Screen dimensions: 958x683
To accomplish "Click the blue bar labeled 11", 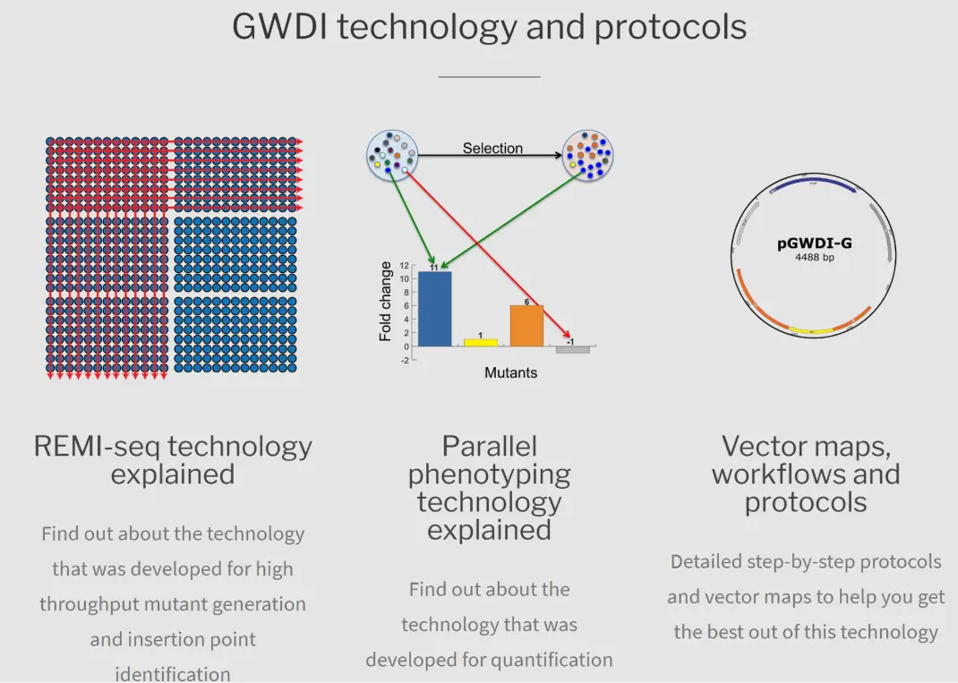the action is tap(435, 309).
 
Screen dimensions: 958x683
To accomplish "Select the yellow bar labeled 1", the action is tap(481, 343).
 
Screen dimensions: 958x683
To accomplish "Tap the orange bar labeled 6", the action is tap(526, 326).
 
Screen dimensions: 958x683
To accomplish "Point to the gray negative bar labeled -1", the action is tap(572, 349).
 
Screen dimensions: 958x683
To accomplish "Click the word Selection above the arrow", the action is tap(492, 149).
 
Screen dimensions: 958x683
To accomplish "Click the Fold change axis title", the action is tap(385, 301).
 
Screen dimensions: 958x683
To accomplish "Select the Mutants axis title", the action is tap(510, 372).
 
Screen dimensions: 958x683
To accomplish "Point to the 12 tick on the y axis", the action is tap(404, 265).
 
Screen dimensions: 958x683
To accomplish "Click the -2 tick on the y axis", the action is tap(404, 361).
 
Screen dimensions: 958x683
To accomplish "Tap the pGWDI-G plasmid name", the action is tap(814, 243).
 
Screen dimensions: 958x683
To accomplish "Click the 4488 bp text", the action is tap(815, 257).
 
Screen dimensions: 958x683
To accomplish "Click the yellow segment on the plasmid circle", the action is tap(811, 331).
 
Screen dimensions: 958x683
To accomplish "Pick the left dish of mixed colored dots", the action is tap(392, 155).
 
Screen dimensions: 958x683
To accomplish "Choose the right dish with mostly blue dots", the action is tap(587, 156).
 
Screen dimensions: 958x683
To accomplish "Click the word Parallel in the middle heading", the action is tap(490, 447).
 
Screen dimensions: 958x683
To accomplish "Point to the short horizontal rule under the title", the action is tap(490, 77).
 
